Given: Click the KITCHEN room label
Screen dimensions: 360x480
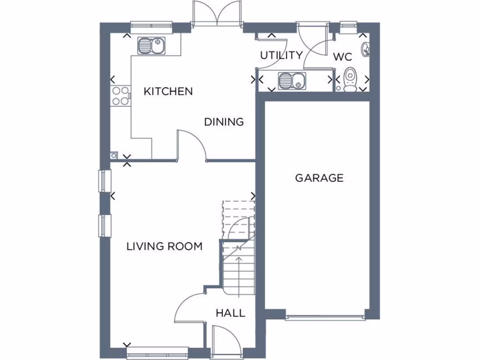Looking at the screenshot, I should (x=168, y=91).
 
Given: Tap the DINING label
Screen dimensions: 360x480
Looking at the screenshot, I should (x=224, y=122).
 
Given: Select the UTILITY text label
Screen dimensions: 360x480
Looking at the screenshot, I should (x=281, y=55).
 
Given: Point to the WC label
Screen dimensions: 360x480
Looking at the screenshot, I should (x=342, y=57).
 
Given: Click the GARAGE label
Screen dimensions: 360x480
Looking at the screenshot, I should (x=319, y=178).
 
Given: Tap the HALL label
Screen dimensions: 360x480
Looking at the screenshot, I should (x=230, y=313).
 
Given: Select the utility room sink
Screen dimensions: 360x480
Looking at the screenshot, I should (x=291, y=81).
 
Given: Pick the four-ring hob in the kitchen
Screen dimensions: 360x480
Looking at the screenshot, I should (x=120, y=96).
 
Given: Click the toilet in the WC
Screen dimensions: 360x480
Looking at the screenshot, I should (x=349, y=80).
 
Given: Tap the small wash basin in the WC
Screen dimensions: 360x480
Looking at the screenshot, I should (x=367, y=48).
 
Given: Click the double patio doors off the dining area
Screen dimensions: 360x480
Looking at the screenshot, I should (x=217, y=13).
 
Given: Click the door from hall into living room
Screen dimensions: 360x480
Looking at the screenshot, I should (x=190, y=307).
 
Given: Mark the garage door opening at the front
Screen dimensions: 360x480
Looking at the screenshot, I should (x=325, y=317).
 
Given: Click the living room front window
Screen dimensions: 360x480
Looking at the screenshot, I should (x=157, y=352).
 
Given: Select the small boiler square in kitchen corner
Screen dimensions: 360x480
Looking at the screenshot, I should (x=114, y=156).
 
